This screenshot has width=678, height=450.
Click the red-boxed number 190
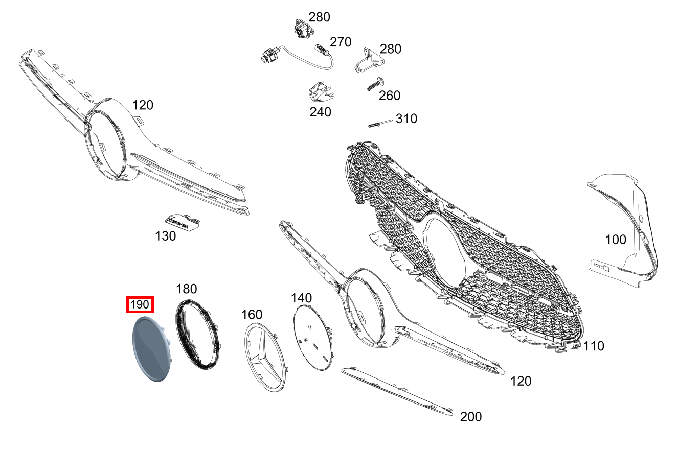pyautogui.click(x=140, y=304)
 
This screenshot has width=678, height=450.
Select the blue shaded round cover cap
pyautogui.click(x=152, y=349)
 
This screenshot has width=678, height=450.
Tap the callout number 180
pyautogui.click(x=187, y=289)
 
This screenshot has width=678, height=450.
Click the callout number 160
pyautogui.click(x=252, y=315)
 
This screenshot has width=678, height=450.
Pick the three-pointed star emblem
pyautogui.click(x=265, y=357)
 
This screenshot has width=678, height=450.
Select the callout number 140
pyautogui.click(x=301, y=298)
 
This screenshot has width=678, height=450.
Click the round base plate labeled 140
pyautogui.click(x=313, y=338)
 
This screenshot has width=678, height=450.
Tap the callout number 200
pyautogui.click(x=471, y=417)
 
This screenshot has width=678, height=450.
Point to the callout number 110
pyautogui.click(x=594, y=346)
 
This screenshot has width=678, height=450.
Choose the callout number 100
pyautogui.click(x=616, y=240)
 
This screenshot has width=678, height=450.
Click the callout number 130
pyautogui.click(x=165, y=236)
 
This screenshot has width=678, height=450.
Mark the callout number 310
pyautogui.click(x=406, y=119)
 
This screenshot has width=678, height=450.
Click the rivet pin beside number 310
pyautogui.click(x=380, y=124)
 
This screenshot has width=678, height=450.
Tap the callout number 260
pyautogui.click(x=390, y=96)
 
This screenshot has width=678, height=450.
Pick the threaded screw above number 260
pyautogui.click(x=375, y=84)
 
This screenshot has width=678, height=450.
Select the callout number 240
pyautogui.click(x=320, y=112)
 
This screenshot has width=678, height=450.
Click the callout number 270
pyautogui.click(x=341, y=42)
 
